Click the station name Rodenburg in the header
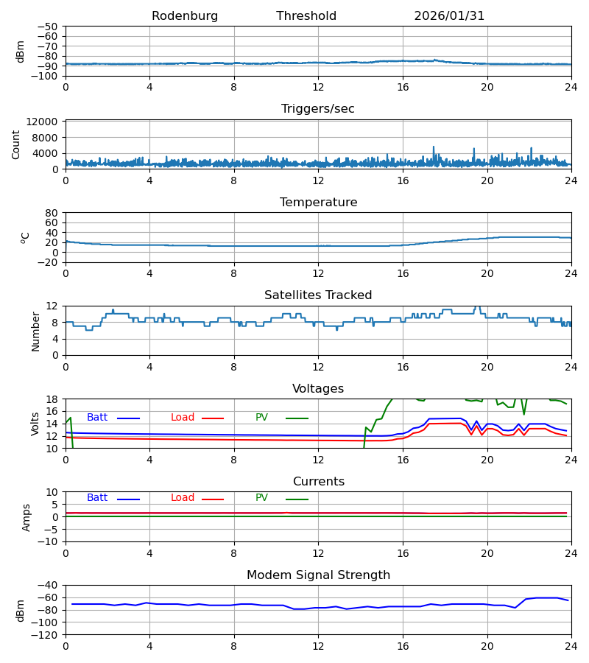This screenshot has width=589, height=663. coord(185,16)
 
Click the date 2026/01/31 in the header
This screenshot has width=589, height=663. coord(449,16)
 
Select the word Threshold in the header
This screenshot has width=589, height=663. coord(306,16)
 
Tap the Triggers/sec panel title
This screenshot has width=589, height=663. coord(318,109)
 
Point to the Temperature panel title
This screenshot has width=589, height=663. coord(318,203)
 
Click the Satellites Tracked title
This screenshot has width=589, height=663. coord(318,295)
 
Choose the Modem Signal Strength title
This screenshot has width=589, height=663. coord(318,575)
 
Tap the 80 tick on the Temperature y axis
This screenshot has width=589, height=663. coord(52,213)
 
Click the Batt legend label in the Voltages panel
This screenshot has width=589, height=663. coord(97,418)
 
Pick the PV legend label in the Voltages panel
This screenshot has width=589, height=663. coord(261,418)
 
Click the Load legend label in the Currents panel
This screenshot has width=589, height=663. coord(183,498)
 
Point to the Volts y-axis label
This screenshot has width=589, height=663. coord(35,424)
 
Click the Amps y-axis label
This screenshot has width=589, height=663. coord(27,517)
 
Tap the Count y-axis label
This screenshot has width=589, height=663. coord(16,144)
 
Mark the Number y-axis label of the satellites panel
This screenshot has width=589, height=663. coord(35,331)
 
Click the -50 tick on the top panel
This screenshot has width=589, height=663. coord(49,27)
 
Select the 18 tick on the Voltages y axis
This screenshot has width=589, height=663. coord(52,399)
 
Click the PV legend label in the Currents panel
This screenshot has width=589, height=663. coord(261,498)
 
